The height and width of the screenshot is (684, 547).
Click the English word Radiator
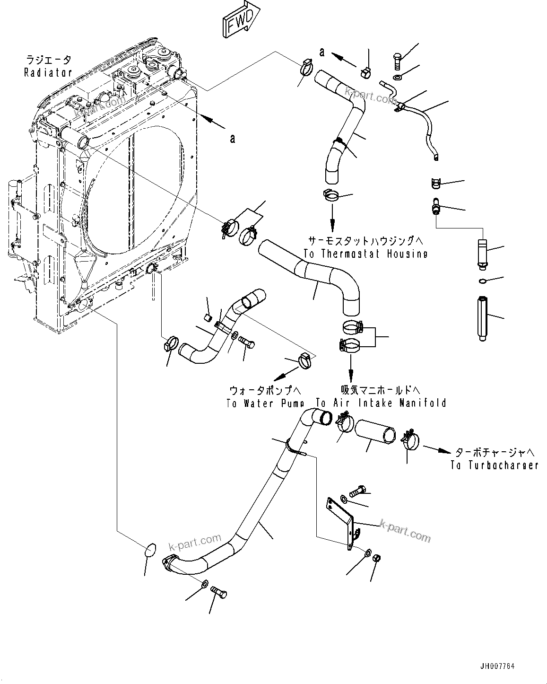tap(48, 72)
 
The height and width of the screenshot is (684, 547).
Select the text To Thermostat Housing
tap(365, 254)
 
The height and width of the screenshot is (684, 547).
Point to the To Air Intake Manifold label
tap(381, 403)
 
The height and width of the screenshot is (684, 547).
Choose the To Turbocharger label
tap(494, 465)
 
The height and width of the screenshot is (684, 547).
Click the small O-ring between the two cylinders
tap(482, 282)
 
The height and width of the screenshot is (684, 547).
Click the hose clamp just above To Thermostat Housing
tap(331, 195)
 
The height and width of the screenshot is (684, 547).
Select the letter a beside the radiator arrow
tap(232, 139)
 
